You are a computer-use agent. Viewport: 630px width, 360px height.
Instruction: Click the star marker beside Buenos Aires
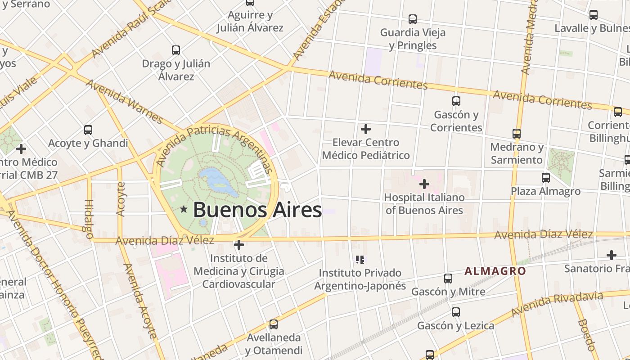point(184,209)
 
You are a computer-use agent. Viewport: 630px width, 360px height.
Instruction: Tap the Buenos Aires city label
point(257,210)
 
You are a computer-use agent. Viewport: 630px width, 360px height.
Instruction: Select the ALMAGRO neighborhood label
point(495,271)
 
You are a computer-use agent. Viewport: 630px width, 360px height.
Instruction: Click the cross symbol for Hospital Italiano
point(424,184)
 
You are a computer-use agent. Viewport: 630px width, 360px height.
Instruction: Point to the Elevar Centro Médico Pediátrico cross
point(366,130)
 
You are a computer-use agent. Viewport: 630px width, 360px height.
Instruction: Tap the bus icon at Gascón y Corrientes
point(456,101)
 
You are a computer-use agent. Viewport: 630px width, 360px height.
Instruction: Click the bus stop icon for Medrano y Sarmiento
point(517,134)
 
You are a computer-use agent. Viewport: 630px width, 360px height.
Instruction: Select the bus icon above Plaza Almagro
point(546,178)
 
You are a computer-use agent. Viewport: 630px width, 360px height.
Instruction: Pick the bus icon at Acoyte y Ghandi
point(88,130)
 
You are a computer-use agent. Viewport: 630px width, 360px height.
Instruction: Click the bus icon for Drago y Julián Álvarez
point(176,50)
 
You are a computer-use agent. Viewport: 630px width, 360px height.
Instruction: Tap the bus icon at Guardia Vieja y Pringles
point(413,19)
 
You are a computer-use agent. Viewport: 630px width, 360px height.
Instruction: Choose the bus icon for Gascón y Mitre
point(448,279)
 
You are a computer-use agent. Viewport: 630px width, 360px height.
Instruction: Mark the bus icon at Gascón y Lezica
point(456,312)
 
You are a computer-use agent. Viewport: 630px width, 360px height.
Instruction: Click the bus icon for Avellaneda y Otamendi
point(274,324)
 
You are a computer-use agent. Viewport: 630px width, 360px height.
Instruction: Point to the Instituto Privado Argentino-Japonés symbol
point(360,260)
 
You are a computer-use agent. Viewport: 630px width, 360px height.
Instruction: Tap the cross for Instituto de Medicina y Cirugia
point(239,245)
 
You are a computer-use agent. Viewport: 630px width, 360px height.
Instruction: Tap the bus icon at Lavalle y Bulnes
point(594,15)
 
